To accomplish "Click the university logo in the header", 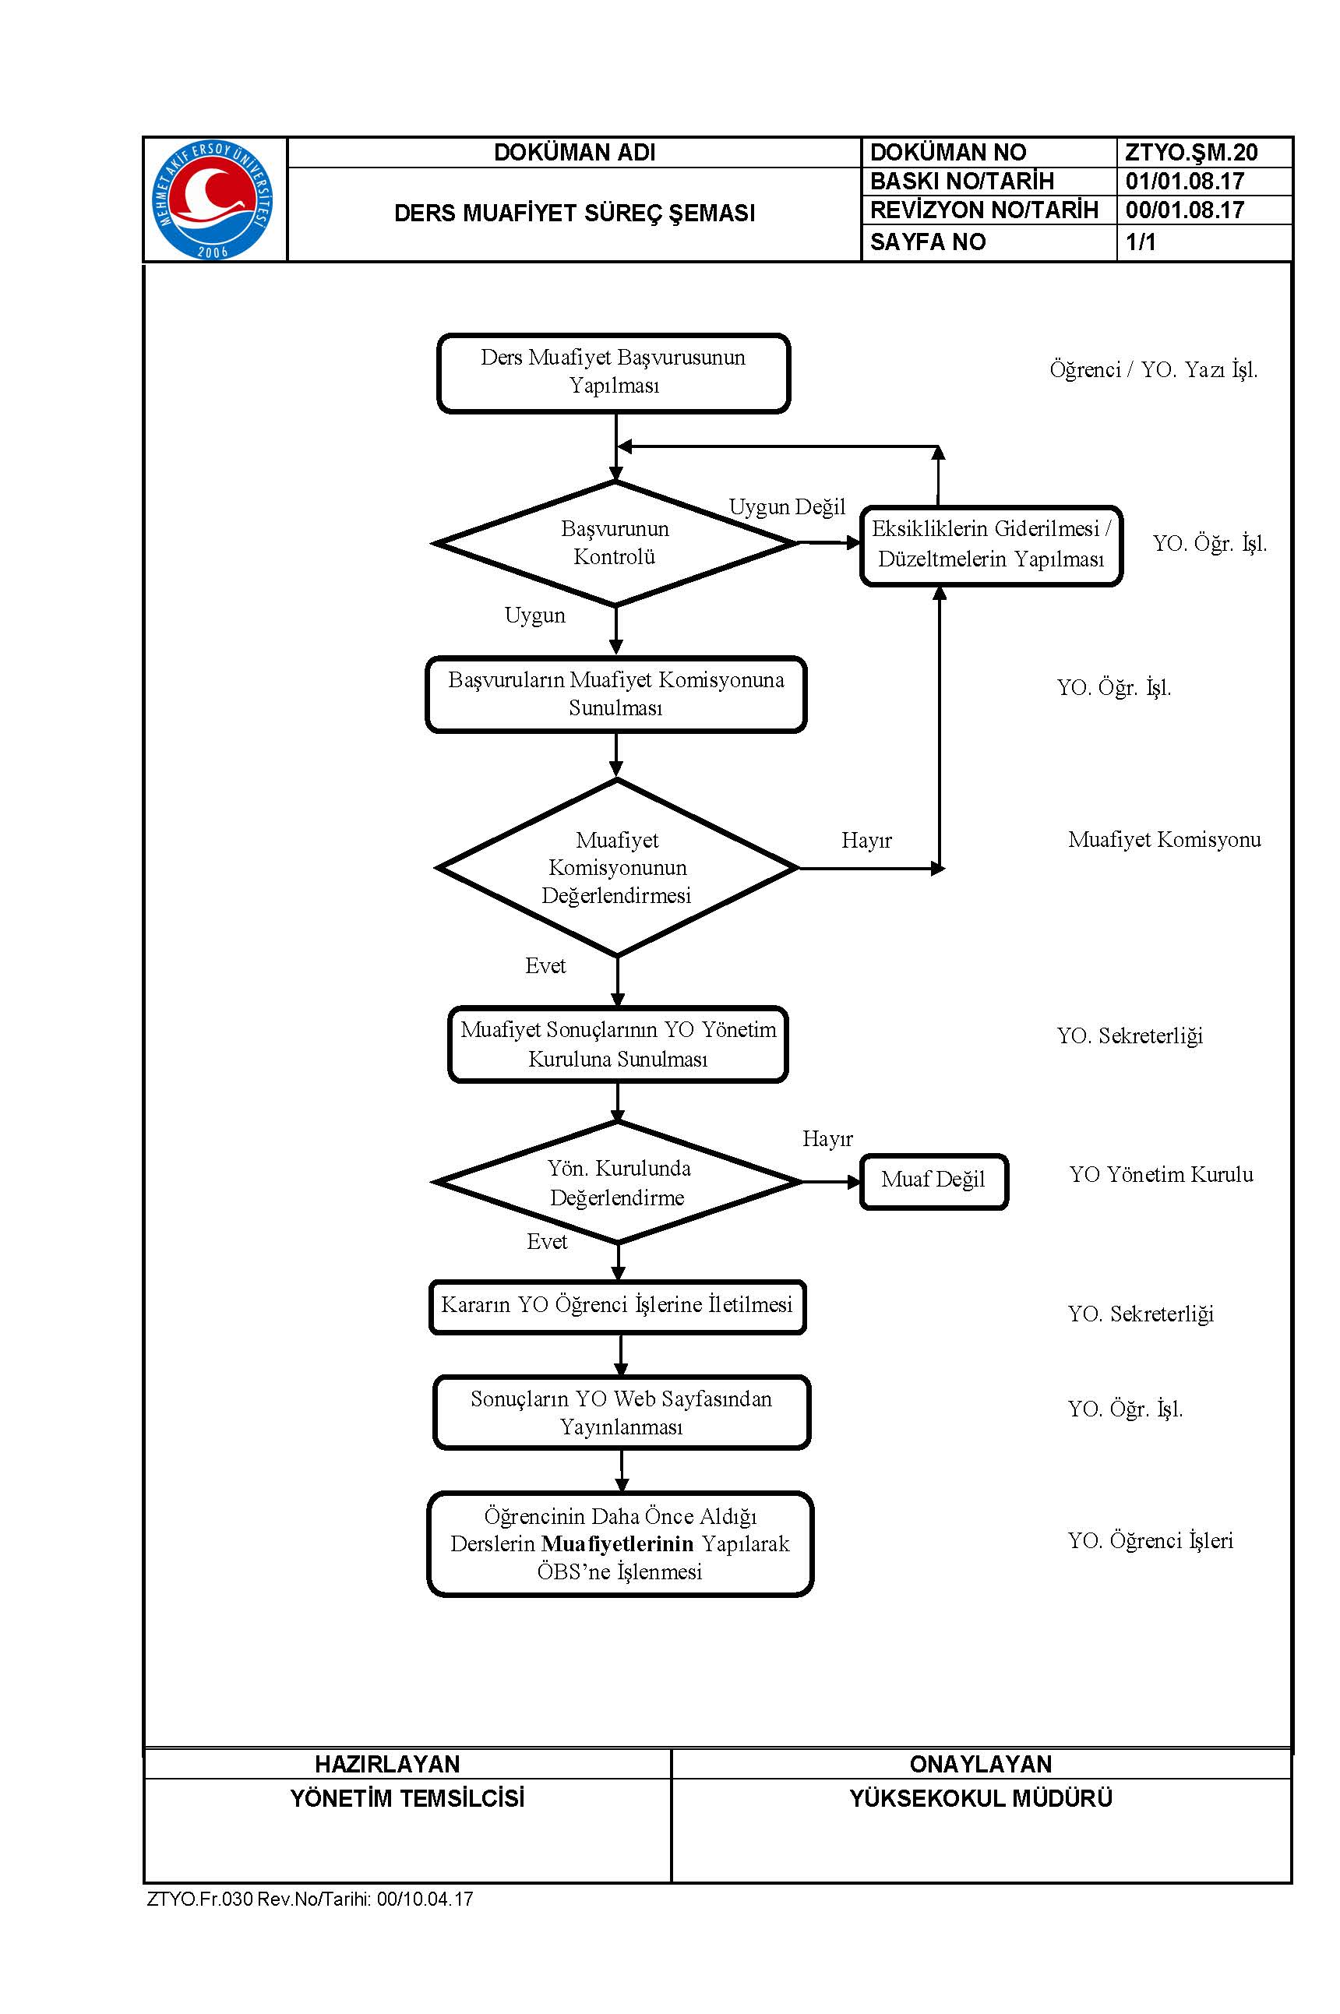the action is coord(213,199).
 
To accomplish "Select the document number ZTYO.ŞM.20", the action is coord(1191,152).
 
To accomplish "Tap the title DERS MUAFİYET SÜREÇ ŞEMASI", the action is coord(574,213).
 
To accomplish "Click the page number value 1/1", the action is coord(1141,242).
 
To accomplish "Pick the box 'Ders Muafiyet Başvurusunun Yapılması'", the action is coord(614,373).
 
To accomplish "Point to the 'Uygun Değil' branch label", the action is coord(787,506).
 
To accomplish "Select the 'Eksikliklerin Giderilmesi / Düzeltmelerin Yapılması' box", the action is coord(991,546).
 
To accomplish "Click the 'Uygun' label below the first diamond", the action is coord(535,615).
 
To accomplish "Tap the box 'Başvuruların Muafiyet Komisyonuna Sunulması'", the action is coord(616,694).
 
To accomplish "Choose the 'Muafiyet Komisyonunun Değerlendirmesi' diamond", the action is coord(617,867).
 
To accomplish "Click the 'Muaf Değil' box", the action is coord(934,1182).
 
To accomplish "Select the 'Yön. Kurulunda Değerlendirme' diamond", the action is coord(617,1182).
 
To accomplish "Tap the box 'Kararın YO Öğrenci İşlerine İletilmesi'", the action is coord(618,1307).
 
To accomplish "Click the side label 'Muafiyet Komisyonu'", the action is coord(1165,840).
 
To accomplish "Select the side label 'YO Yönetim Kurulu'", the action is coord(1162,1175).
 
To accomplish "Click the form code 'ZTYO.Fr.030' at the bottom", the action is coord(200,1899).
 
